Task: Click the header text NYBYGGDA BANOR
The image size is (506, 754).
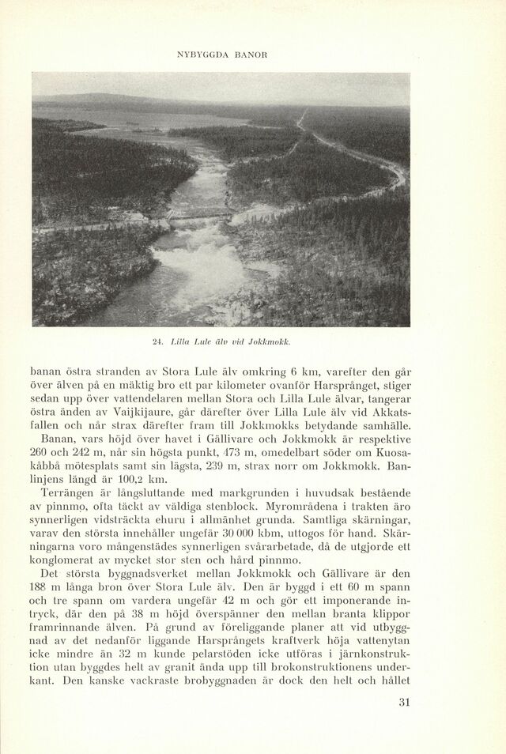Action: [221, 55]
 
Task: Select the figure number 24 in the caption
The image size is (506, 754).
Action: [159, 341]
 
